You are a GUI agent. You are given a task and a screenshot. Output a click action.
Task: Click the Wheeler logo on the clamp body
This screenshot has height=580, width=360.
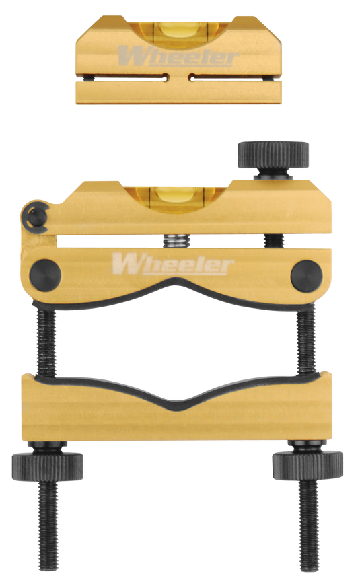point(173,263)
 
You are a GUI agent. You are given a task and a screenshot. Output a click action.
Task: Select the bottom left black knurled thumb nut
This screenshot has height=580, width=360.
point(47,467)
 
